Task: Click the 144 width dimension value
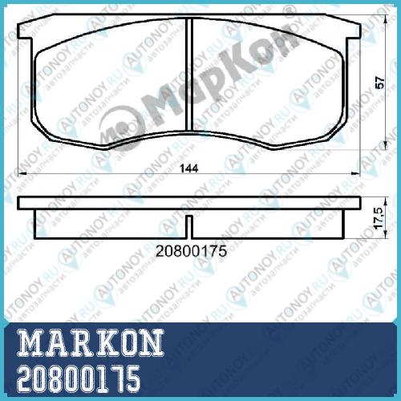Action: (189, 168)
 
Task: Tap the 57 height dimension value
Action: (380, 83)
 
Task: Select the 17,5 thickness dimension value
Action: (379, 218)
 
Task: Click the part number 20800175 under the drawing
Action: (191, 251)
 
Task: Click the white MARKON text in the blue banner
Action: (91, 342)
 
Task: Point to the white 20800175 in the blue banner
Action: (79, 379)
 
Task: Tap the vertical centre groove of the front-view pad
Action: (189, 75)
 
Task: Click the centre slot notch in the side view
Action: (189, 227)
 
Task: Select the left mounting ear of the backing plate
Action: (26, 31)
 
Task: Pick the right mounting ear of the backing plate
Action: (354, 31)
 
